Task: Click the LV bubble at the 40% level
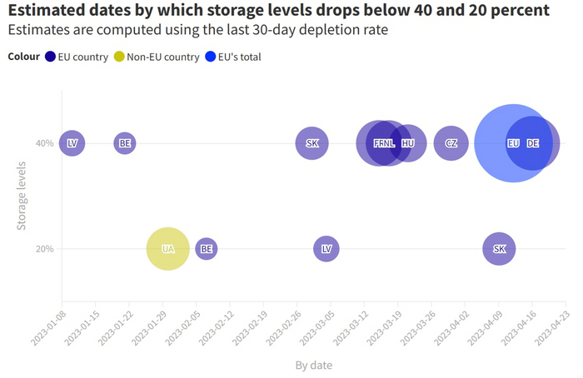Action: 72,143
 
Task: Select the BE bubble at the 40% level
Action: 125,143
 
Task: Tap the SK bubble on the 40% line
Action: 312,143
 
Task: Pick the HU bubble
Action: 408,143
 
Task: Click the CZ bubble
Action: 451,143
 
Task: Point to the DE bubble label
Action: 533,143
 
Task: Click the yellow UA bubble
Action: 168,248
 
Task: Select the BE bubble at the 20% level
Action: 207,248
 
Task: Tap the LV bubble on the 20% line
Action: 326,248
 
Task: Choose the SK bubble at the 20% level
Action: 499,248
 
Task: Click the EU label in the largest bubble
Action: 513,143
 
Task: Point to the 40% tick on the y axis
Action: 45,143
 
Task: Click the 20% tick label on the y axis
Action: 45,248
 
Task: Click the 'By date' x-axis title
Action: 313,365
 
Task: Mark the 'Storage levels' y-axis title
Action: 22,196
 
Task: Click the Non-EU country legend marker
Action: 119,57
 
